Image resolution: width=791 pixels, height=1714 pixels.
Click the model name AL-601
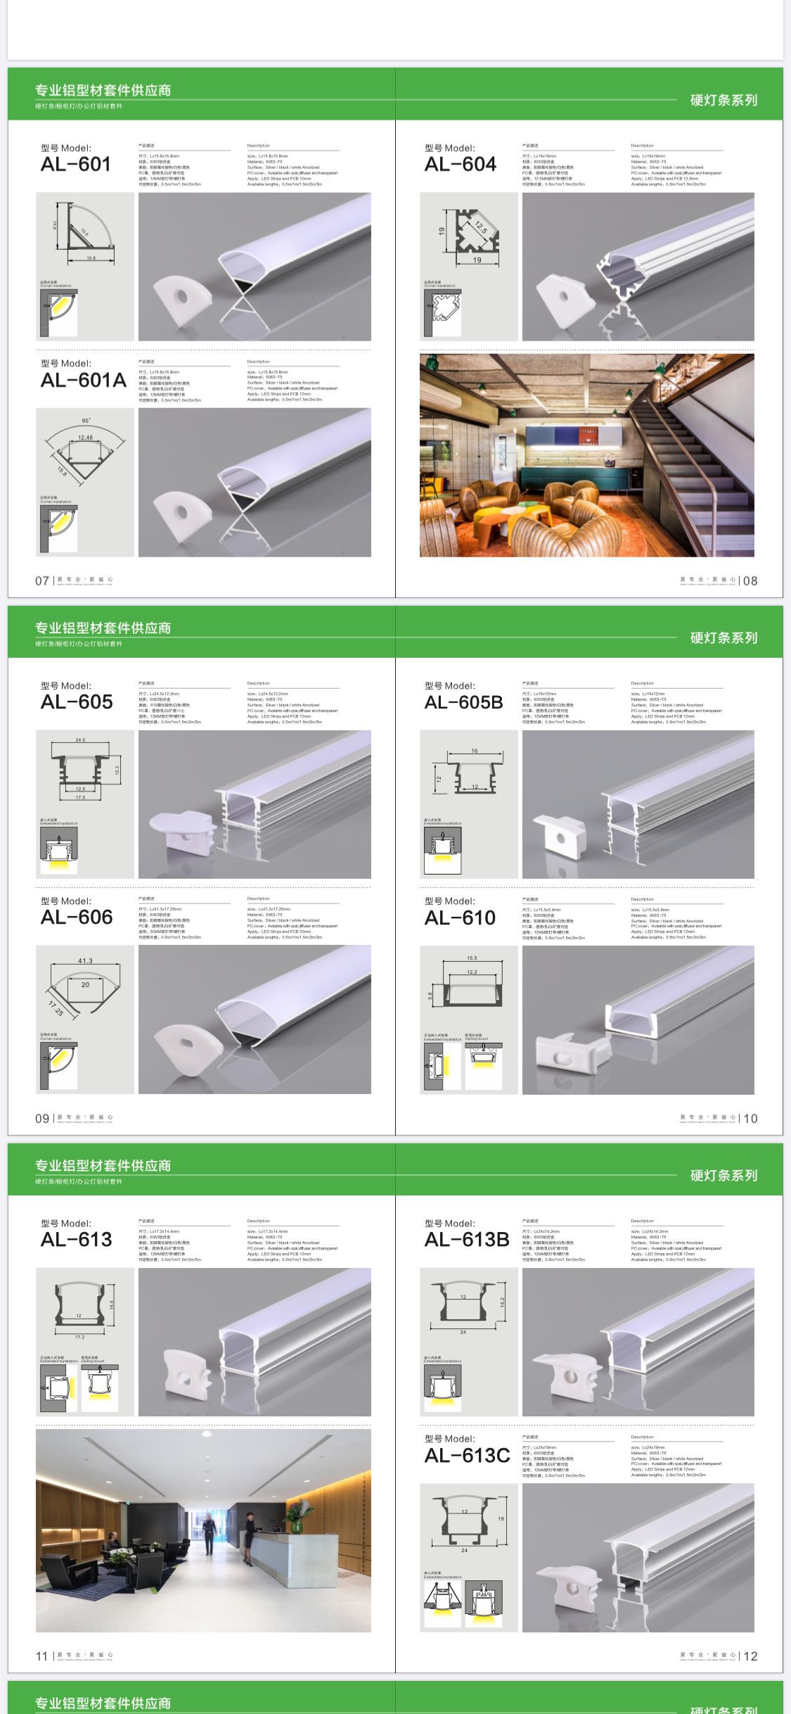[x=76, y=164]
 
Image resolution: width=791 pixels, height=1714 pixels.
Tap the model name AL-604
[x=460, y=164]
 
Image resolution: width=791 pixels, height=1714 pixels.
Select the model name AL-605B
[x=463, y=702]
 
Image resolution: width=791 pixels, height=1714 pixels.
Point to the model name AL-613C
[x=467, y=1455]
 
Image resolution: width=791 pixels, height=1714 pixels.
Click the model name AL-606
[x=77, y=917]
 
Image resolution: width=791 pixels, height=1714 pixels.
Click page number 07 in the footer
[x=42, y=580]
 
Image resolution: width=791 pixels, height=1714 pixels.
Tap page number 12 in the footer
[x=750, y=1656]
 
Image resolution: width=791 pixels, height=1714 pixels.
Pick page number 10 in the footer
[x=750, y=1118]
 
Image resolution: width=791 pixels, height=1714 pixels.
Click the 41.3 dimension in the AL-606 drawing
[x=85, y=960]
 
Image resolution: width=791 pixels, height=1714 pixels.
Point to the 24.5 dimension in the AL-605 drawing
[x=80, y=740]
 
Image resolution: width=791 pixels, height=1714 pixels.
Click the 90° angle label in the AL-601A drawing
[x=86, y=421]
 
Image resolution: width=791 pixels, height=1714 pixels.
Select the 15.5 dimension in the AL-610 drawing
[x=472, y=958]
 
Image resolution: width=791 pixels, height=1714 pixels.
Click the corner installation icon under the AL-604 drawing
[x=441, y=311]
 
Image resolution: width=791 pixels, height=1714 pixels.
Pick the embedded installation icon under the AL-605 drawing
[x=58, y=849]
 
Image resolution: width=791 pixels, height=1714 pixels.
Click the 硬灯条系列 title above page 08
[x=724, y=100]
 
